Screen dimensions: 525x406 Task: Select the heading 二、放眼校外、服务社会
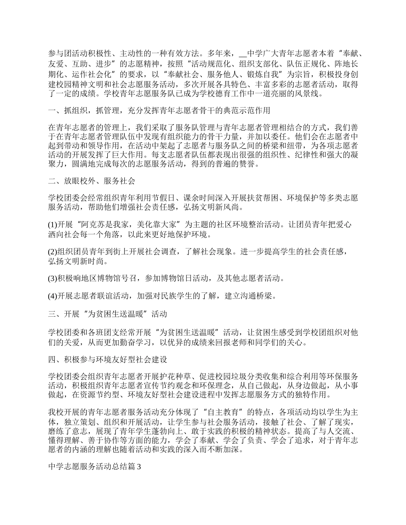[92, 181]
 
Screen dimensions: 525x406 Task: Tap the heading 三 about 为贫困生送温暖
[107, 314]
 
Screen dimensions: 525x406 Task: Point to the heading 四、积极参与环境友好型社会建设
[107, 360]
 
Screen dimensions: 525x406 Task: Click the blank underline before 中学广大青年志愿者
[243, 54]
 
